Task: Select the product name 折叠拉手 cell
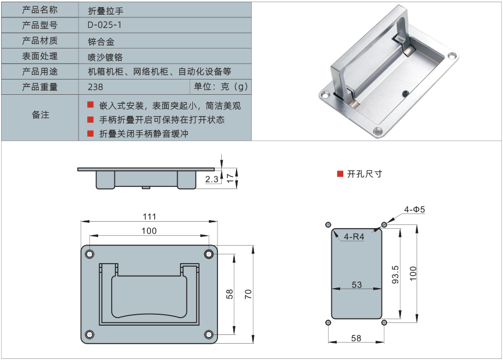[x=102, y=10]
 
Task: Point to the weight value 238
[x=95, y=87]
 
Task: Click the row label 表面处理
[x=40, y=56]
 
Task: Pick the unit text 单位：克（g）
[x=221, y=87]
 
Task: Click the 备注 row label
[x=40, y=115]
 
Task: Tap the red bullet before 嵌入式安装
[x=90, y=105]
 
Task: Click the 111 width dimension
[x=149, y=216]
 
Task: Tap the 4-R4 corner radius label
[x=354, y=237]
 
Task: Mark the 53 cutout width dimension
[x=356, y=284]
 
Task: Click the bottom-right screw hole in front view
[x=208, y=334]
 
